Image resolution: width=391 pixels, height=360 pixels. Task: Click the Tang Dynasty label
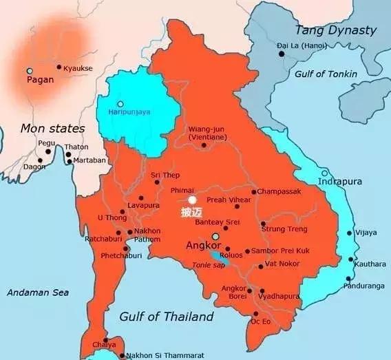pyautogui.click(x=335, y=30)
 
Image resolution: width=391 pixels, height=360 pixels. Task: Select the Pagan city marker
pyautogui.click(x=29, y=71)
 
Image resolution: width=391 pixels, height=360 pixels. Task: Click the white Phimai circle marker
pyautogui.click(x=192, y=200)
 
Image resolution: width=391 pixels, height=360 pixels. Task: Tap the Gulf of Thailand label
pyautogui.click(x=166, y=317)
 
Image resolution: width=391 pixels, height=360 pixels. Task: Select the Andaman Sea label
pyautogui.click(x=38, y=293)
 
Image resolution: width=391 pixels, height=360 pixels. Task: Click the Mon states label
pyautogui.click(x=52, y=128)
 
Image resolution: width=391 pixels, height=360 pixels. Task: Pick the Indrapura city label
pyautogui.click(x=339, y=182)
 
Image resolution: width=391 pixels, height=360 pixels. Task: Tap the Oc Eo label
pyautogui.click(x=260, y=321)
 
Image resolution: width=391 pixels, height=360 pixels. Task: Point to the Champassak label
pyautogui.click(x=279, y=191)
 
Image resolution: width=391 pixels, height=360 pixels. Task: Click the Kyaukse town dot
pyautogui.click(x=59, y=67)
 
